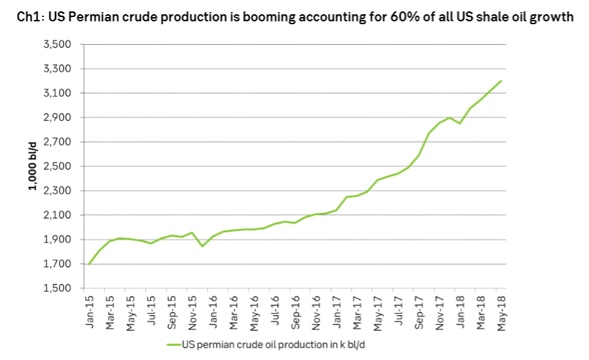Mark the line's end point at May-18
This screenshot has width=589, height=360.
[502, 80]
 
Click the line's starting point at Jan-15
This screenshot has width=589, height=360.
[89, 264]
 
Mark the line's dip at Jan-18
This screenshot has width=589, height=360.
[460, 124]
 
